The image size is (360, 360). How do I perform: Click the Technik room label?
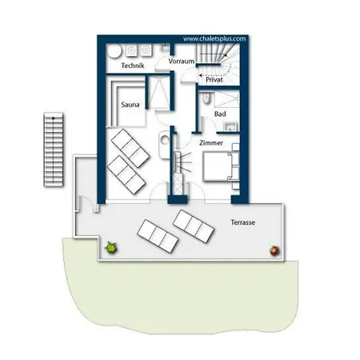click(x=133, y=66)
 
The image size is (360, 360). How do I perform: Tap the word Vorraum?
click(x=182, y=61)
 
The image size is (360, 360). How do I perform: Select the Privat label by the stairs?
click(x=214, y=79)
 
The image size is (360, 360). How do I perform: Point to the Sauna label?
click(x=130, y=105)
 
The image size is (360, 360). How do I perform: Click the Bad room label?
click(x=220, y=114)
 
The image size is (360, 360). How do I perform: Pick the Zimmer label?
click(x=211, y=142)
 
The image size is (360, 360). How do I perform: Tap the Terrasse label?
click(x=242, y=222)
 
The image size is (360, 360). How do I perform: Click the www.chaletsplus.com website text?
click(x=214, y=39)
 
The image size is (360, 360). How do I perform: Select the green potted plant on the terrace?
click(x=111, y=248)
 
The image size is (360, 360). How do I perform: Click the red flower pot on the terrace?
click(x=274, y=250)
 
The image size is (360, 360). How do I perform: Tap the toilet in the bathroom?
click(x=206, y=98)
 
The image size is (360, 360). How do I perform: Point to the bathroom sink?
click(x=230, y=126)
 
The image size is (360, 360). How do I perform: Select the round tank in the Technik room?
click(x=114, y=50)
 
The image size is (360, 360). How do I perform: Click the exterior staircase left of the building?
click(x=54, y=150)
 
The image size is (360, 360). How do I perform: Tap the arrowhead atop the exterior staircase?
click(x=54, y=118)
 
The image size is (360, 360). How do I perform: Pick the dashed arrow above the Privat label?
click(x=210, y=75)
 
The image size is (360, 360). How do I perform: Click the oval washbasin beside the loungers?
click(x=164, y=145)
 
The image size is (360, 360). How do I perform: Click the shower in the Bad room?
click(x=226, y=99)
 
